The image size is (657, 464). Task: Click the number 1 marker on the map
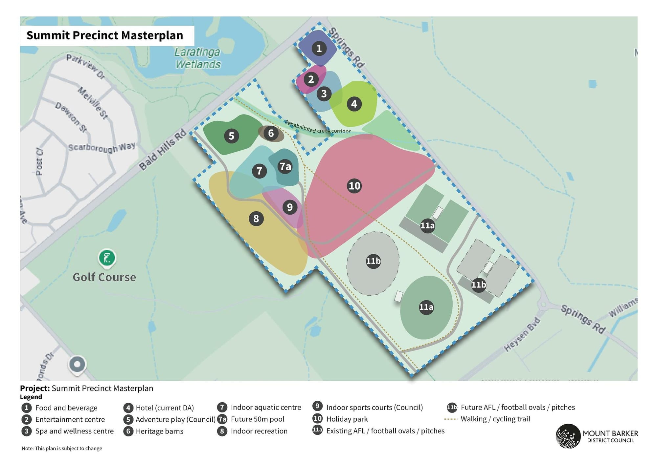[x=319, y=49]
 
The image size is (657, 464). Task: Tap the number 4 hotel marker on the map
[x=354, y=104]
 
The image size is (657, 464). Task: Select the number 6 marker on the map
[x=271, y=133]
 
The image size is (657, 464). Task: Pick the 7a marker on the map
[x=285, y=167]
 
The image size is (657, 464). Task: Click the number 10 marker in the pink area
[x=354, y=186]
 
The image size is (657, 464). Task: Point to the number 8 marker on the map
[x=256, y=219]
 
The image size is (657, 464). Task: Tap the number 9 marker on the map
[x=289, y=207]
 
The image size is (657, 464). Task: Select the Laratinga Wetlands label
[x=197, y=58]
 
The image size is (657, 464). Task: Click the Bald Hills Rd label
[x=162, y=149]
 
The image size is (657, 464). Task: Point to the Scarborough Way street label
[x=102, y=147]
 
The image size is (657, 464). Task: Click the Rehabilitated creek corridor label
[x=317, y=127]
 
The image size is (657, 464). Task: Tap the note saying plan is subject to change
[x=62, y=448]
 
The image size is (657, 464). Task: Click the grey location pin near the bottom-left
[x=77, y=365]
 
